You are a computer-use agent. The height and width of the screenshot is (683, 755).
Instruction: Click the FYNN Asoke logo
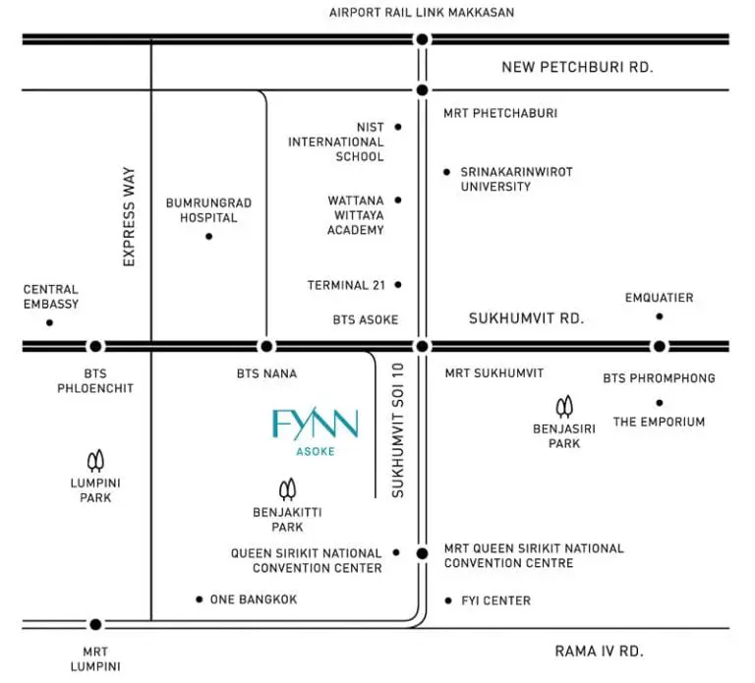pos(316,431)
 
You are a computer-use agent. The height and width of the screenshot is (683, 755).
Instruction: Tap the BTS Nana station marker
pos(266,346)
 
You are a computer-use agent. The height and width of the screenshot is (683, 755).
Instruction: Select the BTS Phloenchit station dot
pos(95,346)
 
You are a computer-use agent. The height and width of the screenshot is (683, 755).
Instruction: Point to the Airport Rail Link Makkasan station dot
pos(423,39)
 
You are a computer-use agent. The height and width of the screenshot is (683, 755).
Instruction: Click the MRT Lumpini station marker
pos(95,624)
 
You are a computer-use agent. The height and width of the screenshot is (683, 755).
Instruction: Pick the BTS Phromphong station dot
pos(660,346)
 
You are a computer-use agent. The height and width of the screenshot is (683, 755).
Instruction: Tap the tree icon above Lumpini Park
pos(95,461)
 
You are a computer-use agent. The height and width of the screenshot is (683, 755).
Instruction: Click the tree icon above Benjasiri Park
pos(564,407)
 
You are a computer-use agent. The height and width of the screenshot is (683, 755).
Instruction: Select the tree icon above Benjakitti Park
pos(287,489)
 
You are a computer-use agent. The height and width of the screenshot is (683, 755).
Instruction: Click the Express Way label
pos(129,216)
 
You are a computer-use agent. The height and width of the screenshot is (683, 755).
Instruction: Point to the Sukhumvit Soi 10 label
pos(398,430)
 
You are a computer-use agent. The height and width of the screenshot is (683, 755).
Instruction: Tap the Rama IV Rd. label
pos(600,652)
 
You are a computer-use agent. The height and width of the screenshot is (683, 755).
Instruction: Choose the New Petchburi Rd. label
pos(577,67)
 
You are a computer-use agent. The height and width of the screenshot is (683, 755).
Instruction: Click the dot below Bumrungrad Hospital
pos(208,236)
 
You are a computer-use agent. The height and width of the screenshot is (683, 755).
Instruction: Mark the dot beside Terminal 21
pos(398,285)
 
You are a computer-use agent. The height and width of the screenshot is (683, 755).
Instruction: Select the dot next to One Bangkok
pos(199,599)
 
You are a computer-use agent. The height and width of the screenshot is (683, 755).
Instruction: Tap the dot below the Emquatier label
pos(660,316)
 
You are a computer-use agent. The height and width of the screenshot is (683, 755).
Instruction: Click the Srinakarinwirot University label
pos(517,179)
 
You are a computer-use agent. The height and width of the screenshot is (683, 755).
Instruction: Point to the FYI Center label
pos(495,600)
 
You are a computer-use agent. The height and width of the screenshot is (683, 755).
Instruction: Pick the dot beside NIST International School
pos(398,127)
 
